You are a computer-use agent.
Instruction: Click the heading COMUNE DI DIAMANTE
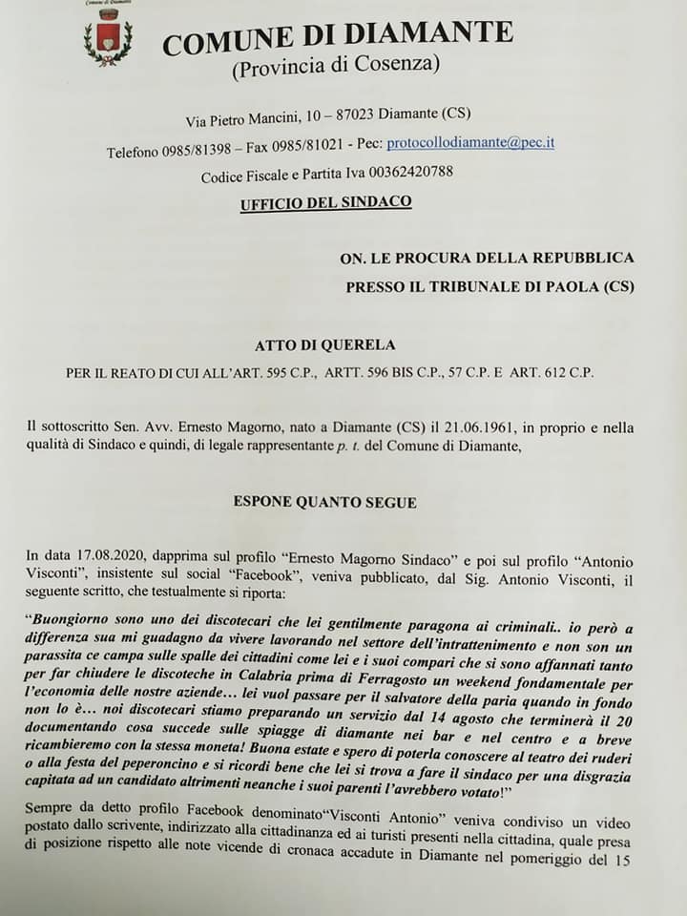click(x=337, y=37)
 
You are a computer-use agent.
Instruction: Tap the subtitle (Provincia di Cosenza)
click(x=335, y=66)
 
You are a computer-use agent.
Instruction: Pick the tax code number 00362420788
click(x=403, y=173)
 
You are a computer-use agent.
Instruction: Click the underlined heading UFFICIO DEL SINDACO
click(x=325, y=202)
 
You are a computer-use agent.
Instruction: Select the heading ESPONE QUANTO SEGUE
click(x=324, y=502)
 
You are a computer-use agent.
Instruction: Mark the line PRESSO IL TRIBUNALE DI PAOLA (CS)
click(x=489, y=286)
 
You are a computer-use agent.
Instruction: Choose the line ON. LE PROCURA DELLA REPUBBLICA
click(x=487, y=258)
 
